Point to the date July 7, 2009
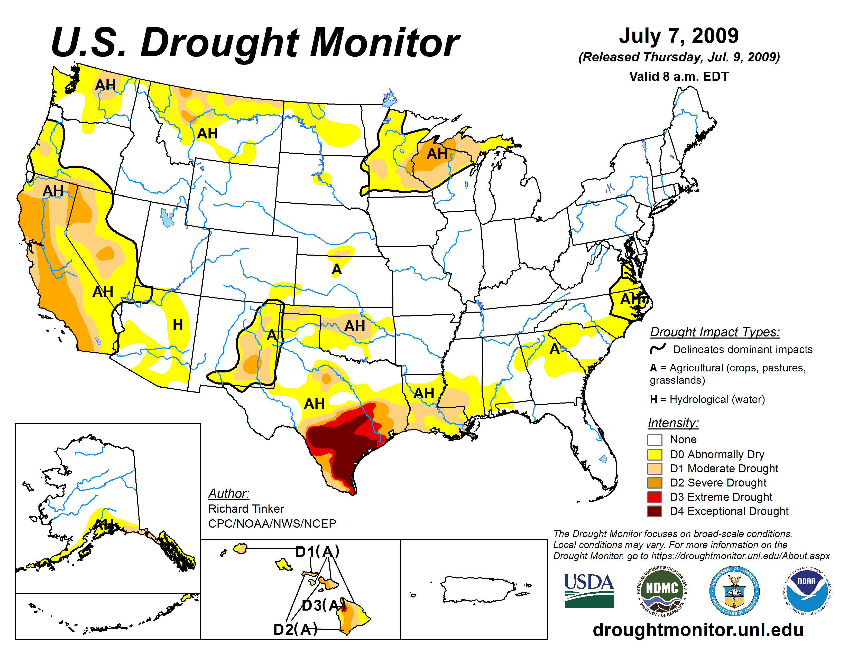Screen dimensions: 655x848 [679, 36]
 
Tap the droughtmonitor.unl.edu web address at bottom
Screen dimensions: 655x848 [698, 629]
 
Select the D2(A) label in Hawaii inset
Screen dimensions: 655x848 [295, 629]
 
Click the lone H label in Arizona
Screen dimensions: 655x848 [178, 324]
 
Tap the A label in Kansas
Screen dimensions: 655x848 [336, 269]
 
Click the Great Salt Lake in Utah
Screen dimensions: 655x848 [167, 218]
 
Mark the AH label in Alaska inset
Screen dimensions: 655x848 [104, 525]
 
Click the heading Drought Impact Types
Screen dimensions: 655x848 [714, 332]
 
